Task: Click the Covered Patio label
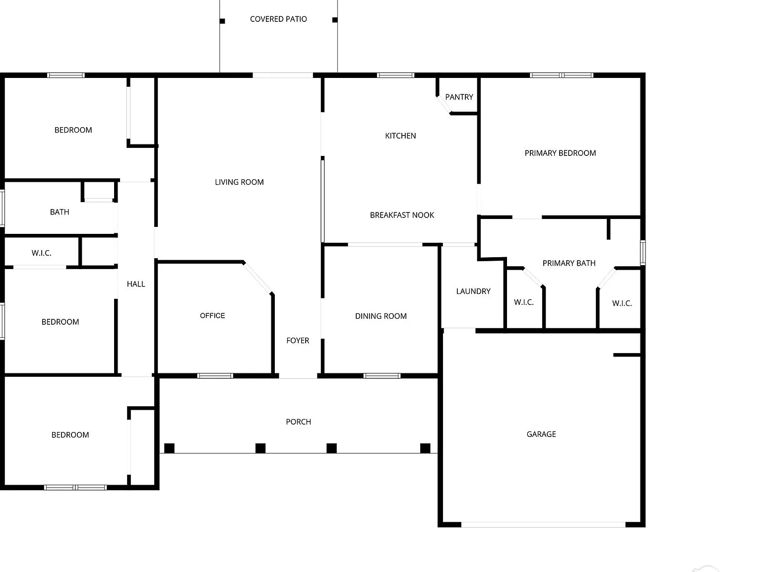coord(278,19)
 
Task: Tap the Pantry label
coord(459,97)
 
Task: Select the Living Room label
coord(239,182)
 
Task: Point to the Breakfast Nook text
coord(402,215)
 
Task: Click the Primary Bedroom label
coord(560,153)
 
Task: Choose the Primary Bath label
coord(569,263)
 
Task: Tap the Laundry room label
coord(473,291)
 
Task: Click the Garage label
coord(541,434)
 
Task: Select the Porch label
coord(299,422)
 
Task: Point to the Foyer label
coord(298,340)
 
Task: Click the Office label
coord(212,315)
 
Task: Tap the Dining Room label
coord(381,316)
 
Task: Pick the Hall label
coord(136,284)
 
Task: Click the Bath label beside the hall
coord(60,212)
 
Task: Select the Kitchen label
coord(400,136)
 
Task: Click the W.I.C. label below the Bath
coord(41,253)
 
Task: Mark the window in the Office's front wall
coord(215,376)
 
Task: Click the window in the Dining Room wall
coord(382,376)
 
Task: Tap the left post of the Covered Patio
coord(222,21)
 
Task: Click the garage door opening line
coord(543,525)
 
